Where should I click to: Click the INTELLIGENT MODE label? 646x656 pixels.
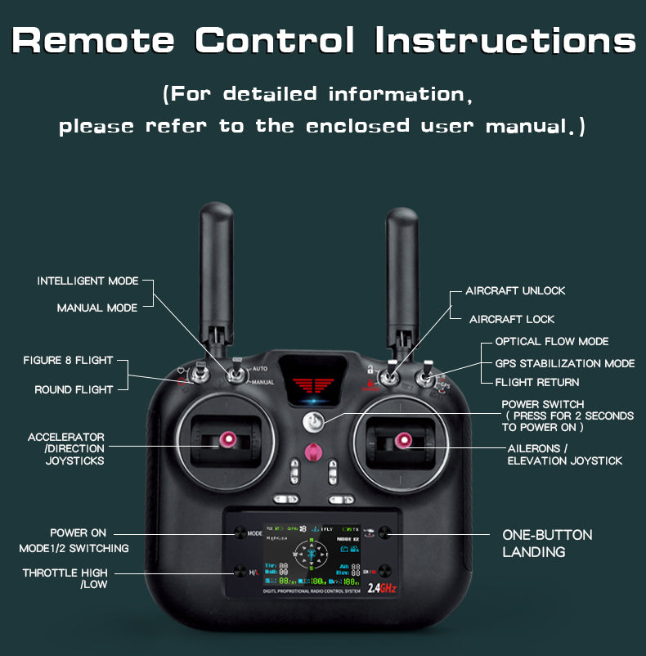coord(87,281)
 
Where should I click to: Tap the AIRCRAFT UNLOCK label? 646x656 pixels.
coord(515,290)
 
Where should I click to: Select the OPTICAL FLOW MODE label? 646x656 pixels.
coord(551,341)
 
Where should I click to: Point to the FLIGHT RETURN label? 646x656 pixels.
coord(536,382)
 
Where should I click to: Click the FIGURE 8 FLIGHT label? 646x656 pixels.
coord(68,360)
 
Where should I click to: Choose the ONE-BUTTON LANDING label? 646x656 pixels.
coord(547,543)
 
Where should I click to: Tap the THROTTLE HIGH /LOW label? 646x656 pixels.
coord(65,578)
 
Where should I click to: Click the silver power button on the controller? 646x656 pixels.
coord(314,421)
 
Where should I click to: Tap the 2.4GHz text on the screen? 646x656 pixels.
coord(382,587)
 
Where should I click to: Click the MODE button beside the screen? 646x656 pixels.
coord(240,532)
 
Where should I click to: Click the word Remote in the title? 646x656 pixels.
coord(94,39)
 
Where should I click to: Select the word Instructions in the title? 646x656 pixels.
coord(505,39)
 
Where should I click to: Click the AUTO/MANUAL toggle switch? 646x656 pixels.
coord(236,375)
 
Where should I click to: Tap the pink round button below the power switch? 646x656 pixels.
coord(313,452)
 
